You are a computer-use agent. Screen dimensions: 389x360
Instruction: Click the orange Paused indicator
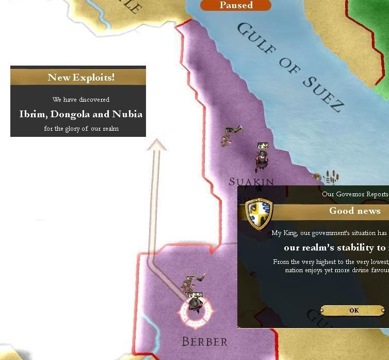(236, 5)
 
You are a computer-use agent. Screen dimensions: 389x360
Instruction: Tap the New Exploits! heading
(81, 77)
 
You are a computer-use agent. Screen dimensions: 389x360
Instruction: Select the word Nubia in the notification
(127, 114)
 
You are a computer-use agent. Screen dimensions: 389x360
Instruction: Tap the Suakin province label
(251, 182)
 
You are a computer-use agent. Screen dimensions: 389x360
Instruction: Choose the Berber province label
(204, 341)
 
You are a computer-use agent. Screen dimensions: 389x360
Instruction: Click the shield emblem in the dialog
(258, 213)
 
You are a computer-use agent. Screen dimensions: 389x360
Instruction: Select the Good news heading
(355, 211)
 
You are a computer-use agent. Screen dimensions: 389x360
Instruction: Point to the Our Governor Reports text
(355, 194)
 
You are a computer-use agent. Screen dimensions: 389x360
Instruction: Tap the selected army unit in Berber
(194, 303)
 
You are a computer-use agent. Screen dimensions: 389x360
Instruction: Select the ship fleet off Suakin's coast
(328, 177)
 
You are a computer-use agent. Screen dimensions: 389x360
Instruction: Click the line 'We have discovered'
(81, 99)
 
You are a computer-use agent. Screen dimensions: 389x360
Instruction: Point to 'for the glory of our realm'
(81, 129)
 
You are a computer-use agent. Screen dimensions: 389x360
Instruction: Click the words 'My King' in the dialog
(283, 233)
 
